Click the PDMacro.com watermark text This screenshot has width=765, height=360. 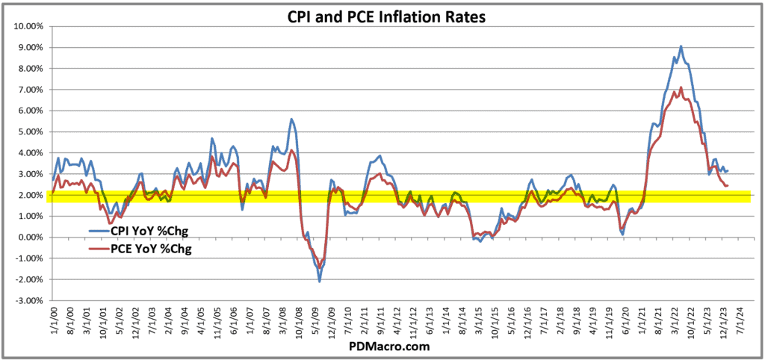(382, 348)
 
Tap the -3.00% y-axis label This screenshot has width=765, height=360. (28, 300)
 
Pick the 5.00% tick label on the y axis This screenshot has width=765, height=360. (29, 131)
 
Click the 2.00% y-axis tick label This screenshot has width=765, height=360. (29, 195)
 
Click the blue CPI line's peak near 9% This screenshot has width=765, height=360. (681, 46)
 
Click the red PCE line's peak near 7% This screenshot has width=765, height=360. (681, 87)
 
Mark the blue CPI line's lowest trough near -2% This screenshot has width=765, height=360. (320, 282)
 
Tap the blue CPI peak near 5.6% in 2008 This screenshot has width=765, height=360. (291, 120)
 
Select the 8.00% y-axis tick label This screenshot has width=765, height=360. (29, 69)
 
